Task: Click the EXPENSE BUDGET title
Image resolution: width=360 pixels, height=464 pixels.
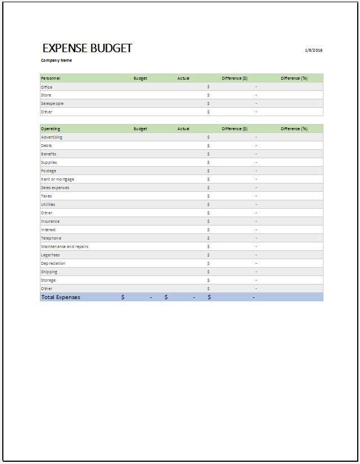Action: point(87,48)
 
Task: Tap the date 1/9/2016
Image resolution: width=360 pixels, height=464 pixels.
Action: point(313,50)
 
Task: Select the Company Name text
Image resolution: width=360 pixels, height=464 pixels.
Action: point(56,60)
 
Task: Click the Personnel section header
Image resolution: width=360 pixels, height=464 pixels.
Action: point(51,78)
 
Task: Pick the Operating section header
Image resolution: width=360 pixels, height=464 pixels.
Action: point(51,128)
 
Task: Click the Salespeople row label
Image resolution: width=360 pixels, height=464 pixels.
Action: point(52,103)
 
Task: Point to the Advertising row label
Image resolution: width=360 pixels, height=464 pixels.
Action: point(52,137)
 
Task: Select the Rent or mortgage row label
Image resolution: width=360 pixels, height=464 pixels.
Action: point(57,179)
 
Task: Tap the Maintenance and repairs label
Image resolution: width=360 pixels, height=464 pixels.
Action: point(65,246)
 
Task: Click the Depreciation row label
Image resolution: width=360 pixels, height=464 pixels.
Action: point(53,263)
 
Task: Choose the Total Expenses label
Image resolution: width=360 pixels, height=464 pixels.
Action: point(61,297)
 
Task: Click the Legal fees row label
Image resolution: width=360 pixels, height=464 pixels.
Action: point(51,255)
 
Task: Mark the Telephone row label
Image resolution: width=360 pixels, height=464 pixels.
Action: point(51,238)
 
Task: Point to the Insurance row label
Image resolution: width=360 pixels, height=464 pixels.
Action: point(51,221)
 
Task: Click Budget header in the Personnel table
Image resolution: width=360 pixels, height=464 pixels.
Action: point(140,78)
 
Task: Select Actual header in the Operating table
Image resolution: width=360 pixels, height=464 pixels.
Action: point(184,128)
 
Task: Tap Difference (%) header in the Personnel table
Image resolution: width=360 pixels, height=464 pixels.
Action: point(294,78)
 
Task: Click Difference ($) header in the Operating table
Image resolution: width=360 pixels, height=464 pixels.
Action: point(235,128)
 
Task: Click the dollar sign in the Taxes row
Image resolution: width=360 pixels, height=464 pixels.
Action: point(208,196)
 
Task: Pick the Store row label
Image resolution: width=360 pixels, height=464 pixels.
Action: point(46,95)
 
